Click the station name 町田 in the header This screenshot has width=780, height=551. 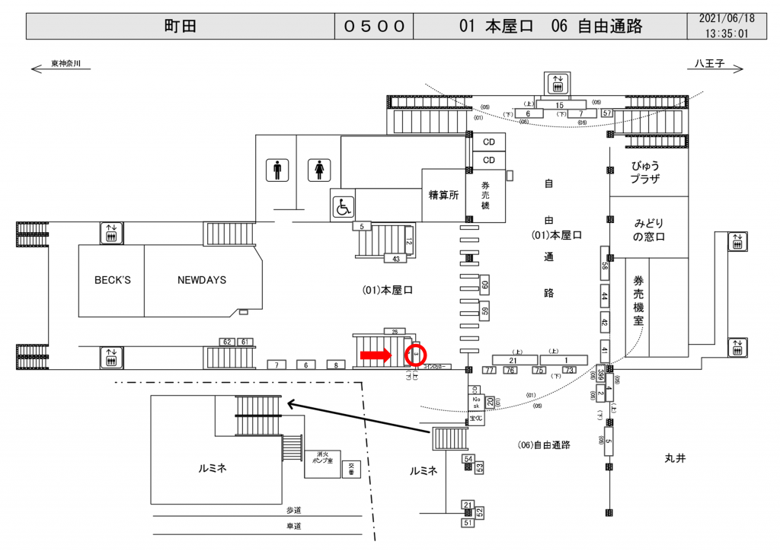pos(181,27)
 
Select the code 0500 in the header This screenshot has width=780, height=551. pos(374,27)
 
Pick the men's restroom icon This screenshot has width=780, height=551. pos(277,170)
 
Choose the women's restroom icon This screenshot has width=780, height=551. pos(318,170)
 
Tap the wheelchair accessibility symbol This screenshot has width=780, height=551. pos(343,205)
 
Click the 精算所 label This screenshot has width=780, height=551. pos(443,195)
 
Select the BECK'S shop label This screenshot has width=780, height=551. pos(112,280)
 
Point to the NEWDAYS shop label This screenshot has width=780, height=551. pos(202,280)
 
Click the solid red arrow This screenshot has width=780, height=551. pos(376,355)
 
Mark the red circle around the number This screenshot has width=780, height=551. pos(417,355)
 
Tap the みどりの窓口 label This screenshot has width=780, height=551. pos(649,229)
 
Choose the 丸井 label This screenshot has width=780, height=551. pos(675,457)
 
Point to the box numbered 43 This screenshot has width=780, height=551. pos(396,260)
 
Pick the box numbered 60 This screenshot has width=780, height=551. pos(484,285)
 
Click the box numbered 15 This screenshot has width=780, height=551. pos(560,104)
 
